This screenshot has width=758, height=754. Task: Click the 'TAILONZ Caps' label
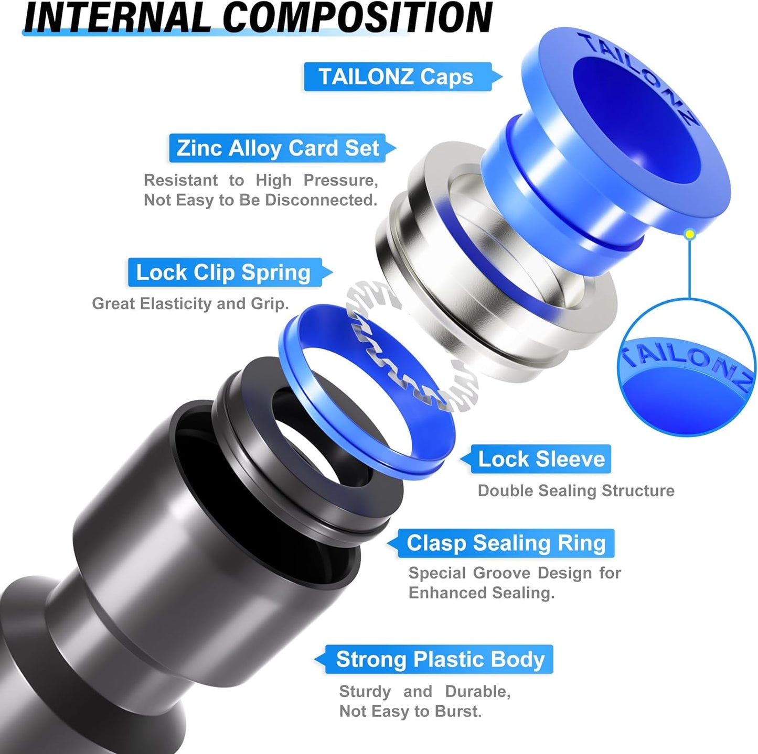[397, 77]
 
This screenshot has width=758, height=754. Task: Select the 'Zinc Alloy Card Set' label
[277, 148]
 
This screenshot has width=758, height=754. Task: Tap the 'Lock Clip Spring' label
[224, 272]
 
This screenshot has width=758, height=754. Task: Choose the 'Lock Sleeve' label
[541, 459]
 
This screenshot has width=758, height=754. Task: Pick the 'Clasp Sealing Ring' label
[506, 543]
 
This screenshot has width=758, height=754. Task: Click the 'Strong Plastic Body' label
[440, 659]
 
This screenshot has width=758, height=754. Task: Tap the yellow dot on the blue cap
[690, 234]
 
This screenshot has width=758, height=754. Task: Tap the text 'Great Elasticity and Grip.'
[190, 304]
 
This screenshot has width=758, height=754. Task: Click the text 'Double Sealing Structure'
[575, 491]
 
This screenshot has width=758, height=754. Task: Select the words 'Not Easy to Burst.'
[410, 711]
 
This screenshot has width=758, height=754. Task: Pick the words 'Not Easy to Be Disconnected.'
[260, 200]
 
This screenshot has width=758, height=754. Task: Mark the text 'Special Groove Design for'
[514, 573]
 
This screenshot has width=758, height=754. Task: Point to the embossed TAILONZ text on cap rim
[640, 73]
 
